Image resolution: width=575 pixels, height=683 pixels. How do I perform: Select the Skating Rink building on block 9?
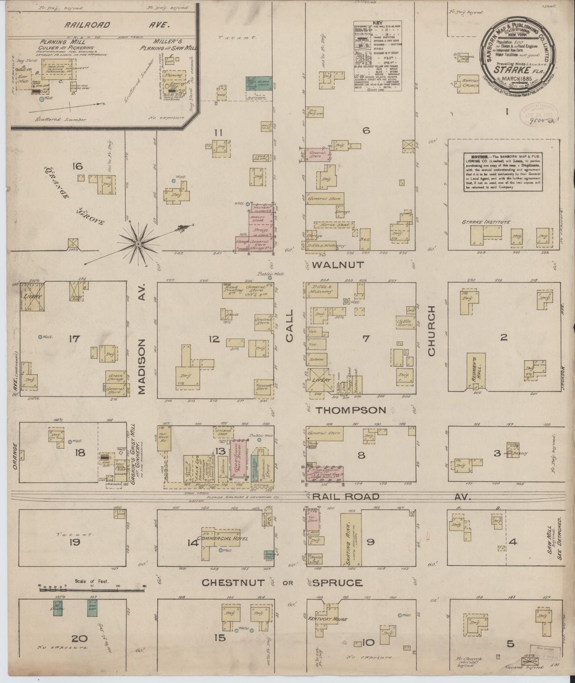pyautogui.click(x=351, y=539)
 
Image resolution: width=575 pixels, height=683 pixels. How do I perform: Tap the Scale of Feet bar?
pyautogui.click(x=92, y=589)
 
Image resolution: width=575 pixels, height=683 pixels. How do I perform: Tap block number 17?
pyautogui.click(x=74, y=339)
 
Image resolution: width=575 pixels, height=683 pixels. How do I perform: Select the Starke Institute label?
pyautogui.click(x=480, y=222)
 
